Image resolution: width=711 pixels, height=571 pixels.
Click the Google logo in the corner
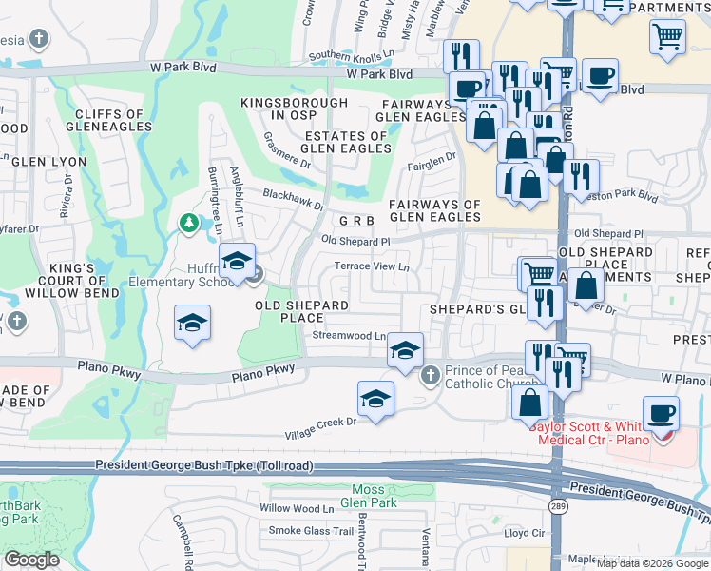(x=31, y=560)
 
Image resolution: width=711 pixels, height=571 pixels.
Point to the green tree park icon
(x=188, y=224)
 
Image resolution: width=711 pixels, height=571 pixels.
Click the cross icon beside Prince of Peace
(x=430, y=374)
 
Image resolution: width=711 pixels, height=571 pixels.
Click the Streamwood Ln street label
(x=349, y=336)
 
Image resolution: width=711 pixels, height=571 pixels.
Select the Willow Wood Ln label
(x=297, y=509)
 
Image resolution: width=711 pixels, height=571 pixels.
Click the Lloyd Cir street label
(x=524, y=534)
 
